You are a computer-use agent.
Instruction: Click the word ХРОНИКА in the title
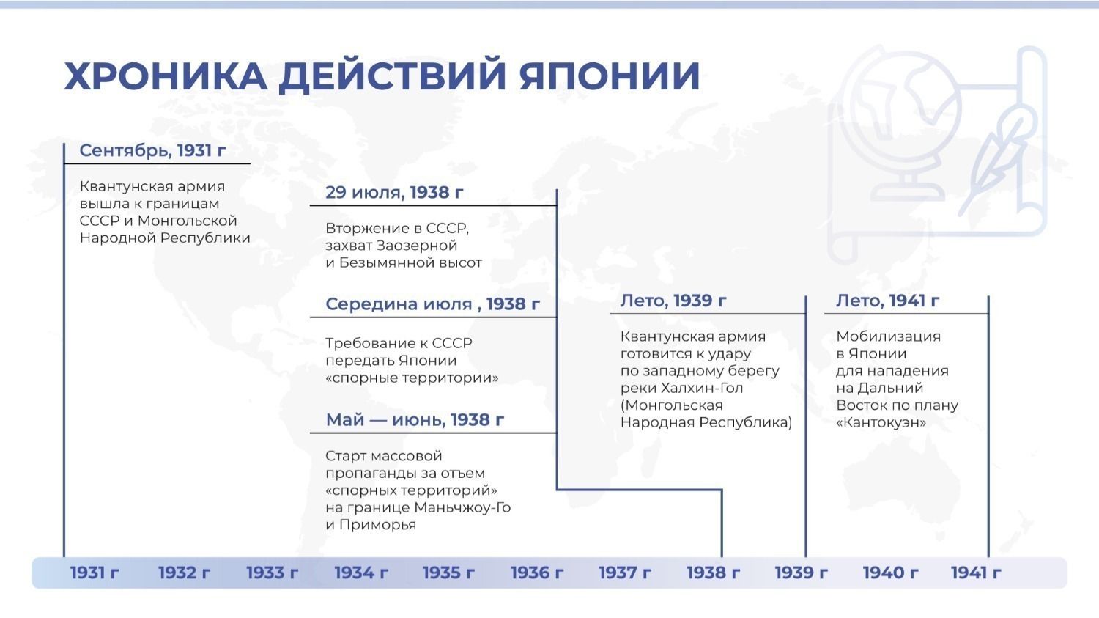point(166,76)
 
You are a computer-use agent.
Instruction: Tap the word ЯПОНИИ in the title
point(610,76)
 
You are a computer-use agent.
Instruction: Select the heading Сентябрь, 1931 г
point(152,150)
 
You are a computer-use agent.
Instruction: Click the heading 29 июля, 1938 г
point(394,192)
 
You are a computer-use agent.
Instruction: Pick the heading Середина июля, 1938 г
point(432,304)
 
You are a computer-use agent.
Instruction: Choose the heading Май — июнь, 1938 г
point(415,419)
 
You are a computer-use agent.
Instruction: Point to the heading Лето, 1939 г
point(673,301)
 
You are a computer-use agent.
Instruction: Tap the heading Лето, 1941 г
point(887,301)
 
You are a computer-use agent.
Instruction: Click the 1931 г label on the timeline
point(95,573)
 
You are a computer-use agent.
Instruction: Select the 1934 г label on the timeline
point(361,573)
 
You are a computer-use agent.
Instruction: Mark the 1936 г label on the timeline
point(537,573)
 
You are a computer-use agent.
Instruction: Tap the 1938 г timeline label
point(713,573)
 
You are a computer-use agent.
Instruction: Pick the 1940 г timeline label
point(890,573)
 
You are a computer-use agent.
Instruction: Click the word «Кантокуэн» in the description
point(881,423)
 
